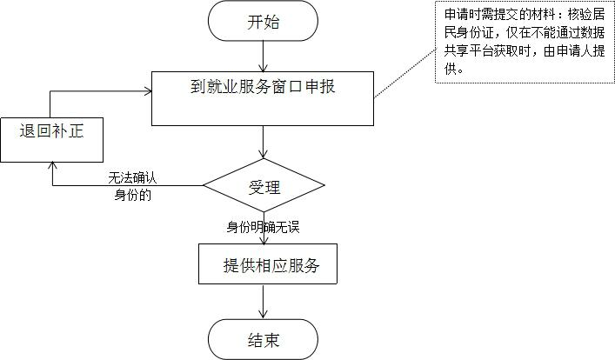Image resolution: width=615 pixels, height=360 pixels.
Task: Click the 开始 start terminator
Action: coord(264,22)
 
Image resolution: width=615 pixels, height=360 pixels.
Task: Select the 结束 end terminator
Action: coord(264,338)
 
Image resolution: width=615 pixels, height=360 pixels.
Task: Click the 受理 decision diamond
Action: coord(264,185)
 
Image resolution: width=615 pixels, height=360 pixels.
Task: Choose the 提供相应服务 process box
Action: coord(267,265)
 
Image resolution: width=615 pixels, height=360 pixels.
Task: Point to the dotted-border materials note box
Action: coord(523,43)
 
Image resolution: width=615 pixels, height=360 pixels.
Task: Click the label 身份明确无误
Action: coord(263,227)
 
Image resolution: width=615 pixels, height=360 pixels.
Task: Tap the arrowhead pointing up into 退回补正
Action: coord(52,166)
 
